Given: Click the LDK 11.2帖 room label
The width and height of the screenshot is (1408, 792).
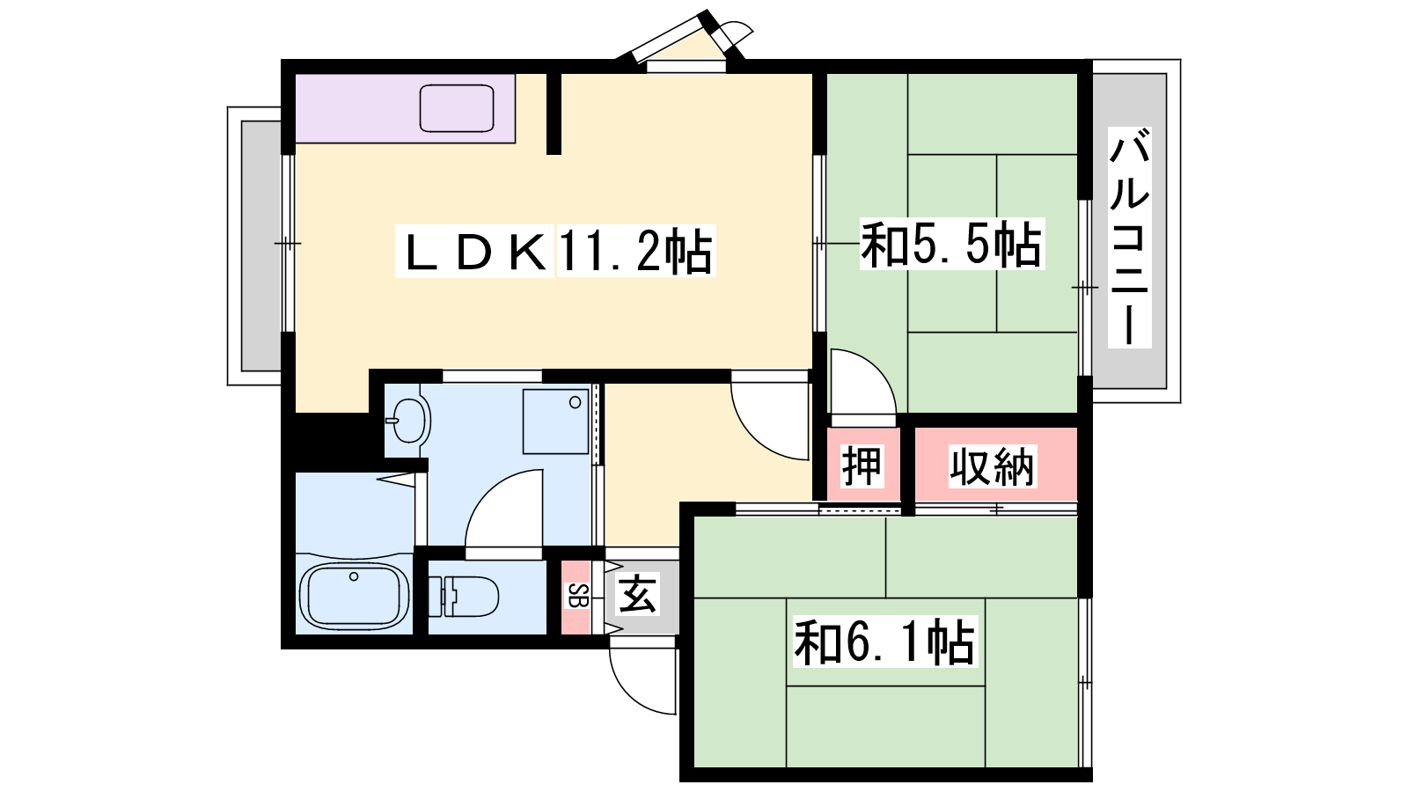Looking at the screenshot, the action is pos(555,251).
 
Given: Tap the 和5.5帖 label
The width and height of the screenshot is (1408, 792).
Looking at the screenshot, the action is pos(951,244).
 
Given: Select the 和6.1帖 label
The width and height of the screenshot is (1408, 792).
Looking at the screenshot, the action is pos(884,642).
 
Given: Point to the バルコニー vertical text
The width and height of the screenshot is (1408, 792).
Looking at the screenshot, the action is pos(1129,237).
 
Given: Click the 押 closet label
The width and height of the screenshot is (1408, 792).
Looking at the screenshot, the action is pos(862,466).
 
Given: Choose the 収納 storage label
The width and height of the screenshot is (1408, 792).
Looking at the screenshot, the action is pos(992,466).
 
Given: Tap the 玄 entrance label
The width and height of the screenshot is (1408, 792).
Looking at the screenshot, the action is pos(638,594).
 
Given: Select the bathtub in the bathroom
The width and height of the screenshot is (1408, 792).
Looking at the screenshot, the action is pos(354,595).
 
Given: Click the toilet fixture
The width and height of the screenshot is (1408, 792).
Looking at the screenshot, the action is pos(463,596).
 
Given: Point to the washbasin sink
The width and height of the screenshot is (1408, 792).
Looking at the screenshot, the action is pos(408,420).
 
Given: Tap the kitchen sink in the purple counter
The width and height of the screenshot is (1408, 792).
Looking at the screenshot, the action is pos(457,108).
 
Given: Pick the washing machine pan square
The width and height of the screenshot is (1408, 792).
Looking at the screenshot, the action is pos(555,422).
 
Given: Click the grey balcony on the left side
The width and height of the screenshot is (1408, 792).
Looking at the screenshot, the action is pos(260,246).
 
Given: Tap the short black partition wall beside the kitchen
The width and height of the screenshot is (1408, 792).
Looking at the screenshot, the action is pos(554,114).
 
